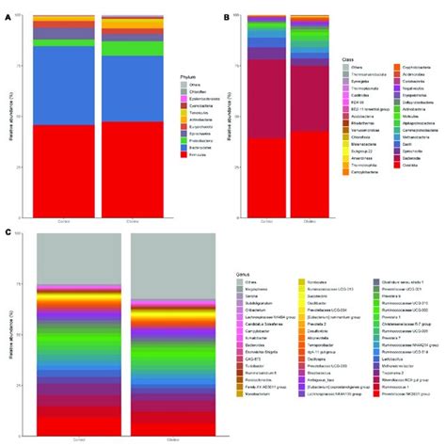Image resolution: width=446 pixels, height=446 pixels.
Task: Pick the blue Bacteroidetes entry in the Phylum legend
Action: (x=172, y=146)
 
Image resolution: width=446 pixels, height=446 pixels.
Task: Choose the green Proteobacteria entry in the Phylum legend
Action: (x=172, y=137)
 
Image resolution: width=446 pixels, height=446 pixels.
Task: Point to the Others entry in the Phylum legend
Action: (x=172, y=83)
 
